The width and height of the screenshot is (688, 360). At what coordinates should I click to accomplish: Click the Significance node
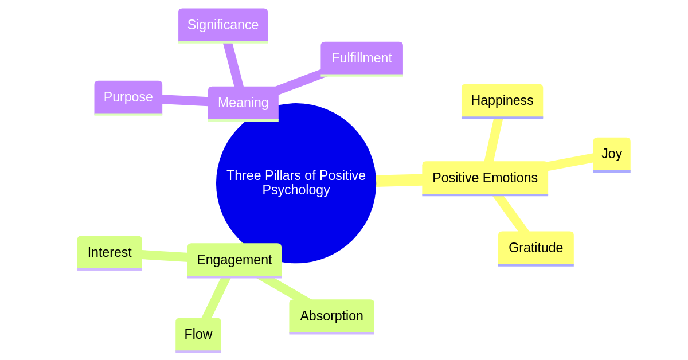coord(222,25)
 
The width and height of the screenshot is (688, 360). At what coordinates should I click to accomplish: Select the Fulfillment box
coord(361,58)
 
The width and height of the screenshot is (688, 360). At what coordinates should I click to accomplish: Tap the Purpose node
coord(128,97)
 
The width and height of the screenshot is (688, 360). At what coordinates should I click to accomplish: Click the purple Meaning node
coord(243,103)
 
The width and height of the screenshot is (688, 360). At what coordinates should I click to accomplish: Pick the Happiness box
coord(502,100)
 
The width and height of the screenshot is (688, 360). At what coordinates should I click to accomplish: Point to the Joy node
coord(611,154)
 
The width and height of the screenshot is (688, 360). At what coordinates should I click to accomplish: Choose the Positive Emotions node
coord(484,178)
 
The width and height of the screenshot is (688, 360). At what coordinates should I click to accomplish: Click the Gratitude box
coord(535,248)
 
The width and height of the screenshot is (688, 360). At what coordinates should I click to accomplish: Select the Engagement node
coord(234,260)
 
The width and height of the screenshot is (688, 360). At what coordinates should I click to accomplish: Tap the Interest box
coord(110,252)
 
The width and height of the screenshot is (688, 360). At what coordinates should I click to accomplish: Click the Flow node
coord(198,334)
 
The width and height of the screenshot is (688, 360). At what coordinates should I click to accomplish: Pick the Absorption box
coord(331,316)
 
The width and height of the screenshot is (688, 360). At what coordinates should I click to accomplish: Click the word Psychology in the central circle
coord(296,190)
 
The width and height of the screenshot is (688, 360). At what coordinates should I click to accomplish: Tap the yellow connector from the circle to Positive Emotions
coord(399,181)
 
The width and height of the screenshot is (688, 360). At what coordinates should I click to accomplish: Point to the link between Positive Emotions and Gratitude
coord(511,214)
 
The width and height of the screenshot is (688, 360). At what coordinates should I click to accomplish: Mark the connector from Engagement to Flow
coord(216,298)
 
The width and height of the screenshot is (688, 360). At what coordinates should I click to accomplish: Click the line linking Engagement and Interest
coord(165,256)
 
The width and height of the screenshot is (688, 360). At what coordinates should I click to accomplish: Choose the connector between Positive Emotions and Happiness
coord(493,140)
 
